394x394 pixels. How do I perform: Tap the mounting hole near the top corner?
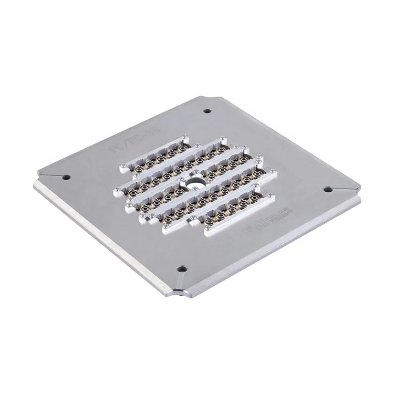(207, 111)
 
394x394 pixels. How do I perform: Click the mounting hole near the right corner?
(327, 188)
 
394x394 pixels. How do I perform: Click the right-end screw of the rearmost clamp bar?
(184, 137)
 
